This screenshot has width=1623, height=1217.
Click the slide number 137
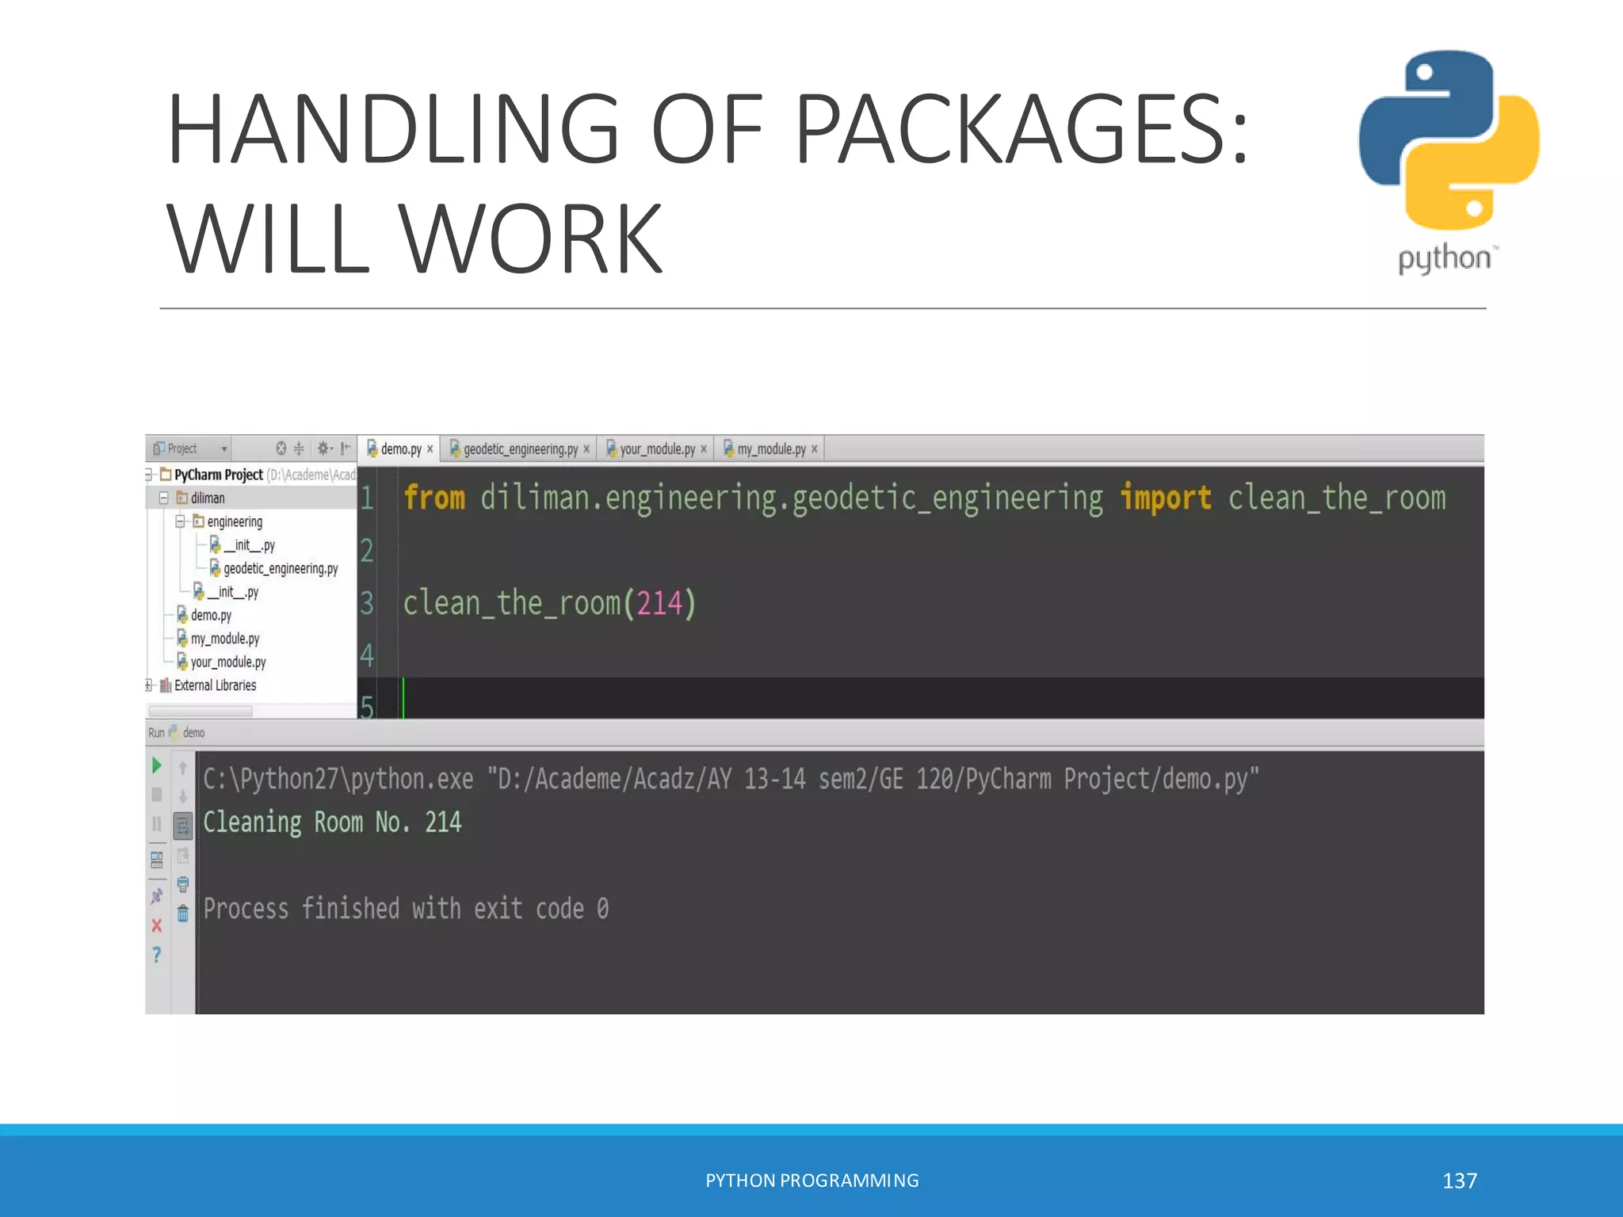[1459, 1181]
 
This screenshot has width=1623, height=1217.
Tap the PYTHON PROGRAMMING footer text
[811, 1181]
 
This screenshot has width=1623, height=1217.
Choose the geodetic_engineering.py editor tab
[520, 449]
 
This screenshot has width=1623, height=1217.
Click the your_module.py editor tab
[656, 449]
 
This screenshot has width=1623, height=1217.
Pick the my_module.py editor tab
[770, 449]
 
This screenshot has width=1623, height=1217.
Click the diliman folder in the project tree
[207, 498]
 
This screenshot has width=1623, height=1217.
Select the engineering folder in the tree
[234, 521]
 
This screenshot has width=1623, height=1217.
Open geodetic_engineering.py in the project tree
[280, 569]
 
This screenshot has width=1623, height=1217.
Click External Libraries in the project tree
[215, 685]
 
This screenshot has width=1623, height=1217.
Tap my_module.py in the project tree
[224, 639]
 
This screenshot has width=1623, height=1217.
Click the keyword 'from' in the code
[434, 498]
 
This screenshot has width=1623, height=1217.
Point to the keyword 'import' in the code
[1165, 498]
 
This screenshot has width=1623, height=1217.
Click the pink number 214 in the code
[659, 604]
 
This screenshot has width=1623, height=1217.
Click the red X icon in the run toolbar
[157, 925]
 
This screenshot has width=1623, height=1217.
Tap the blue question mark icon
[157, 955]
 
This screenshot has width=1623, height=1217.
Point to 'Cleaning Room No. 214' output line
[332, 822]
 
